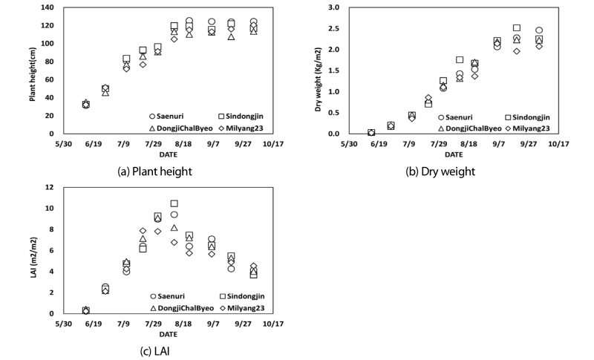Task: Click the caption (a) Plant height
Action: tap(154, 171)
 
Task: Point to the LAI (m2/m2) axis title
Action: tap(33, 250)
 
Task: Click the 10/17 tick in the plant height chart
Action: tap(272, 144)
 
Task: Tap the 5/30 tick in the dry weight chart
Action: tap(349, 144)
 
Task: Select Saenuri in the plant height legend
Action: tap(172, 117)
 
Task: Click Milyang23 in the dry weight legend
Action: tap(534, 128)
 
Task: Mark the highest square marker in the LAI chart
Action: tap(174, 203)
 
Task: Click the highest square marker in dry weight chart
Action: tap(517, 28)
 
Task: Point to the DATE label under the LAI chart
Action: tap(167, 335)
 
